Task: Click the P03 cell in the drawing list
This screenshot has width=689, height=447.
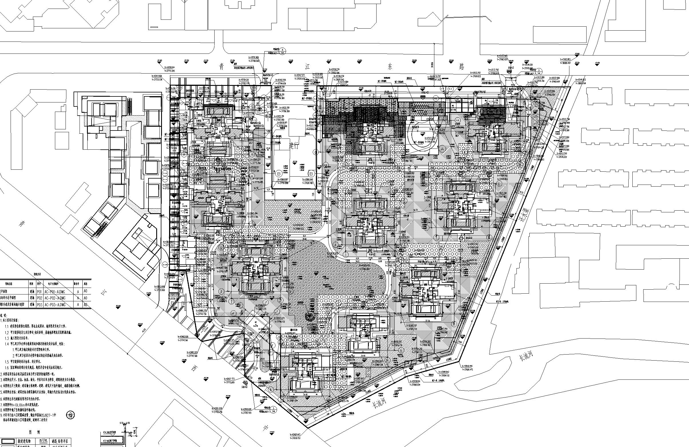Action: coord(40,304)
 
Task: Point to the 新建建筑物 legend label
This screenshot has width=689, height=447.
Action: coord(25,442)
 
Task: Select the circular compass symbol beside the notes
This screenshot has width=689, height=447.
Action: coord(70,415)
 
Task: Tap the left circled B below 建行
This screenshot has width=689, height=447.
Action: coord(279,174)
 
